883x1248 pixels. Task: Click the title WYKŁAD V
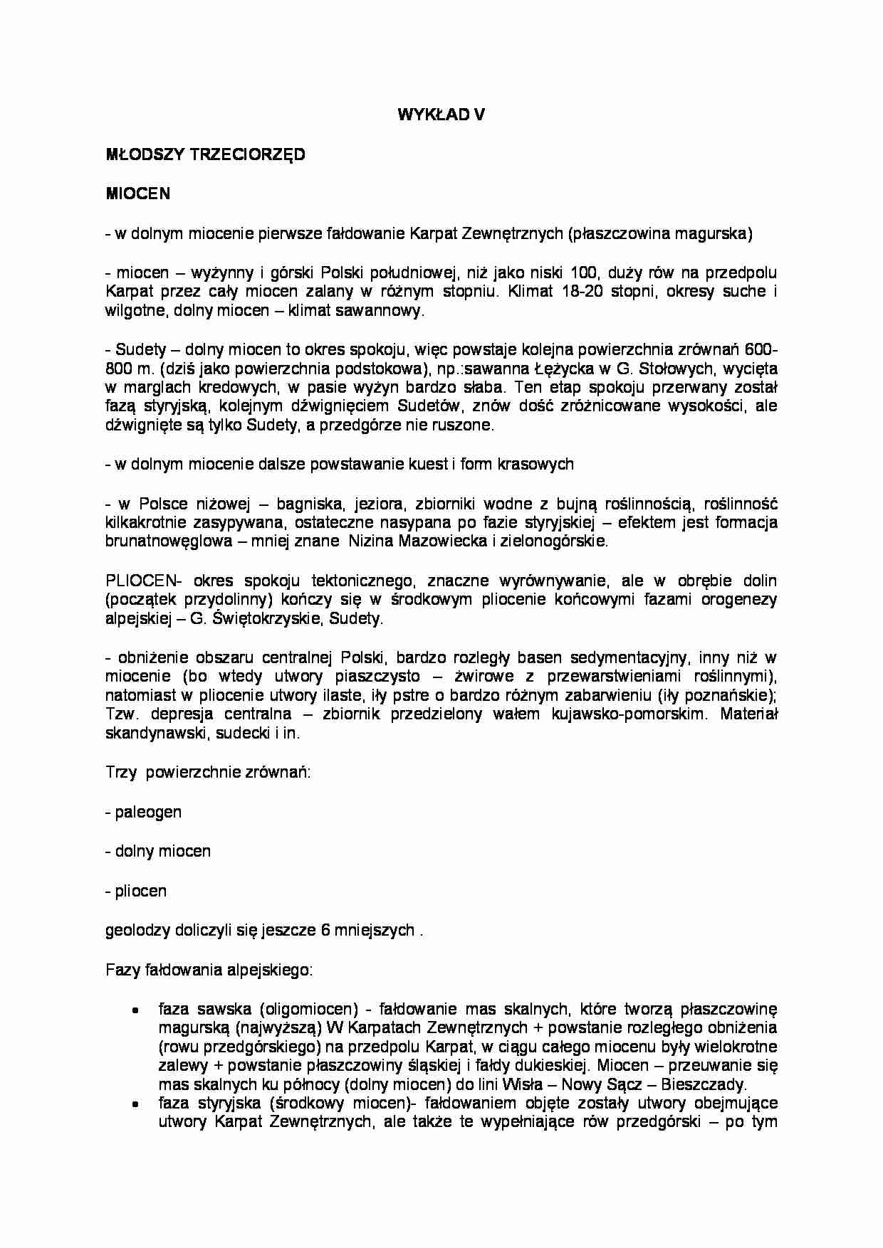tap(441, 115)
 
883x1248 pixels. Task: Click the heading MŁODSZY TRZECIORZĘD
tap(205, 154)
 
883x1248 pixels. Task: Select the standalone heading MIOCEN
tap(137, 194)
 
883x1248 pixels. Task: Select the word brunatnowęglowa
tap(167, 541)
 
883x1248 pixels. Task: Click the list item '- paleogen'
tap(143, 812)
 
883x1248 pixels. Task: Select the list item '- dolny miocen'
tap(157, 851)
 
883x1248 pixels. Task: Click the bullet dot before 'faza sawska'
tap(135, 1010)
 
